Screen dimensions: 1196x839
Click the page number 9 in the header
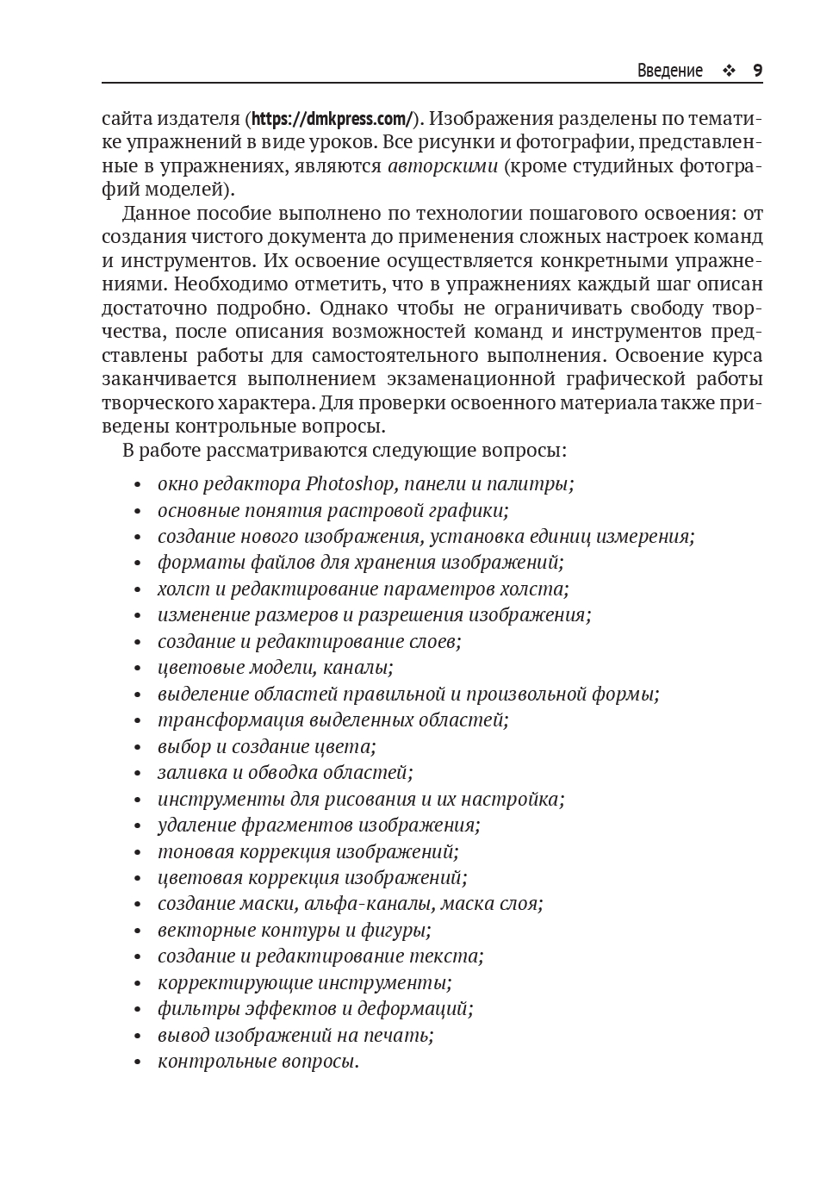click(757, 71)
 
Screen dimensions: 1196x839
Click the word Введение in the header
click(669, 71)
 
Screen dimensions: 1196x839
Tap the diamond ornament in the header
click(729, 71)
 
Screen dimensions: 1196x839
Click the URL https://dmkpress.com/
click(332, 118)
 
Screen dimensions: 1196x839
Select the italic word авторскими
click(443, 165)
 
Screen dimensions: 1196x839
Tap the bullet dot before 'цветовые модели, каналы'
click(138, 669)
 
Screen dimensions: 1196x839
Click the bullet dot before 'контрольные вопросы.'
click(138, 1062)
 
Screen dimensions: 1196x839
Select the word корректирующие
click(235, 982)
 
